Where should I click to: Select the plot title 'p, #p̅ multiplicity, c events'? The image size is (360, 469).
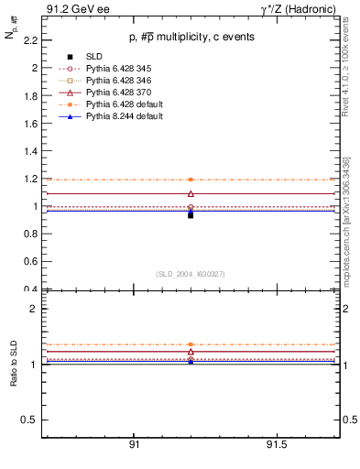191,37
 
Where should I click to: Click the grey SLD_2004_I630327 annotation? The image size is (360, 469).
191,274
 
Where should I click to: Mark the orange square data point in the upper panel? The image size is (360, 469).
191,180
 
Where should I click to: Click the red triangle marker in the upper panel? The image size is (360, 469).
191,193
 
